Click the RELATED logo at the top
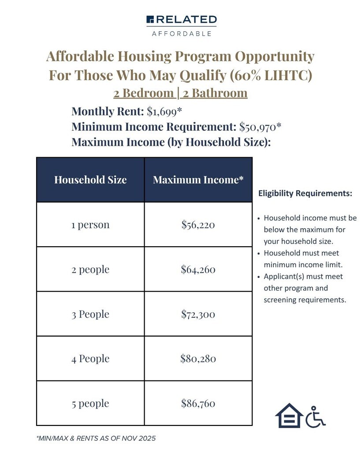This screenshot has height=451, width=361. pyautogui.click(x=181, y=19)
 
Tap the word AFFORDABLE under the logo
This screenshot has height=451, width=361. pyautogui.click(x=181, y=33)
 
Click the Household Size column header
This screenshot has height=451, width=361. pyautogui.click(x=90, y=180)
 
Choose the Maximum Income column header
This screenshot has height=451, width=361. pyautogui.click(x=198, y=180)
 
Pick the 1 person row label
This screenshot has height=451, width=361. pyautogui.click(x=90, y=225)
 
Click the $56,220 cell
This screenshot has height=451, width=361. pyautogui.click(x=198, y=225)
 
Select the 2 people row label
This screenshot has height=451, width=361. pyautogui.click(x=90, y=270)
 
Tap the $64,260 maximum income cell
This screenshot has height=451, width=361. pyautogui.click(x=198, y=270)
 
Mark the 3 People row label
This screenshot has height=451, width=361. pyautogui.click(x=90, y=314)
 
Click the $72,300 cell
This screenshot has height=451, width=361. pyautogui.click(x=198, y=314)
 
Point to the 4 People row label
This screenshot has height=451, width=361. pyautogui.click(x=90, y=359)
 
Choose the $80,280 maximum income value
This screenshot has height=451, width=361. pyautogui.click(x=198, y=359)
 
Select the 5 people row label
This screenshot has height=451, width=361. pyautogui.click(x=90, y=403)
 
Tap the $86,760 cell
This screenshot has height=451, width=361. pyautogui.click(x=198, y=403)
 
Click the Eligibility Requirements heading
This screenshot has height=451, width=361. pyautogui.click(x=305, y=193)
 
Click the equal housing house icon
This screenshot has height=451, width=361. pyautogui.click(x=289, y=416)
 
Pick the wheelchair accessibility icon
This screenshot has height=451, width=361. pyautogui.click(x=315, y=417)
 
